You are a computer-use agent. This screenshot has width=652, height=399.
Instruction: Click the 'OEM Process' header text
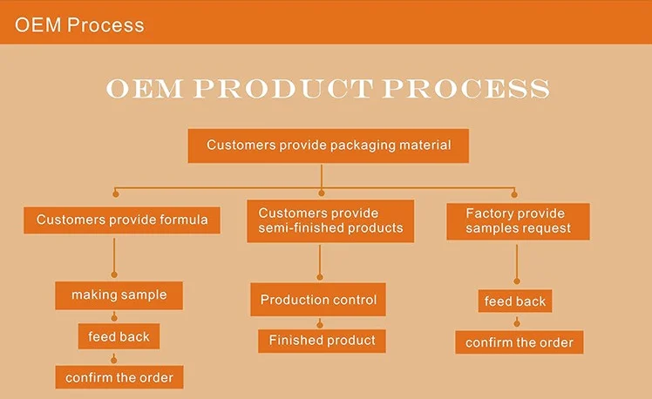click(79, 25)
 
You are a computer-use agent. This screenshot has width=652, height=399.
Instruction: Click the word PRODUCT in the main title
click(283, 89)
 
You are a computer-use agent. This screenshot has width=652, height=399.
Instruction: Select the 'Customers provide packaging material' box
click(329, 145)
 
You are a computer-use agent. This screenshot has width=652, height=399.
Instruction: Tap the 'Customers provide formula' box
click(122, 220)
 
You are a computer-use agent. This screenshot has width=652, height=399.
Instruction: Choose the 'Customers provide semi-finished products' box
click(330, 220)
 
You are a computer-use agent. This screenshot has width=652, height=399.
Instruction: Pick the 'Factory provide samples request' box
click(518, 221)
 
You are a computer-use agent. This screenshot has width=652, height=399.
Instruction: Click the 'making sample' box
click(119, 295)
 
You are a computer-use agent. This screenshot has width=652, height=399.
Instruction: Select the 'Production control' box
click(318, 300)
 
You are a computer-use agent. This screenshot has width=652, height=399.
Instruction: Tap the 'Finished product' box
click(322, 341)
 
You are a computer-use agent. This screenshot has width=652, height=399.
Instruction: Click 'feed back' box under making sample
click(119, 336)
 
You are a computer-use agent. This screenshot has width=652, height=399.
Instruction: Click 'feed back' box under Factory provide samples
click(515, 301)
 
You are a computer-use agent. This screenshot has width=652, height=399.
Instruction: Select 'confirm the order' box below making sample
click(119, 377)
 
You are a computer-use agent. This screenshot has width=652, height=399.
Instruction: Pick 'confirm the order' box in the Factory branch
click(520, 342)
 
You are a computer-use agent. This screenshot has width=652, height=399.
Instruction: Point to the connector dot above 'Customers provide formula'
click(116, 194)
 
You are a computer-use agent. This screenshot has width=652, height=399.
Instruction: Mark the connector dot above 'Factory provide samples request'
click(514, 194)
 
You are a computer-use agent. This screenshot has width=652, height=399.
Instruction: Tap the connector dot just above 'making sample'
click(114, 274)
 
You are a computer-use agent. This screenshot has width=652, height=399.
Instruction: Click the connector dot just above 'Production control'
click(320, 277)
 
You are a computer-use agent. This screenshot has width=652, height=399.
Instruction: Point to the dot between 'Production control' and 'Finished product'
click(320, 324)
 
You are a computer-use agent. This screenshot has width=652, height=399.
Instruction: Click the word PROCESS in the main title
click(465, 89)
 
